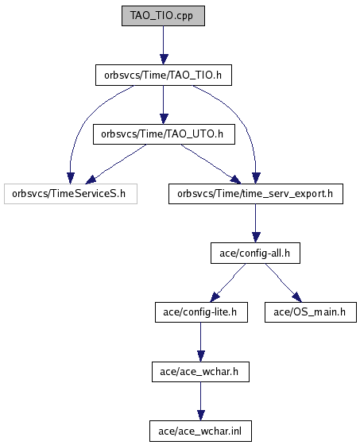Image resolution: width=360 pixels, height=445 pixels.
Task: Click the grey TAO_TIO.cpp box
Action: pyautogui.click(x=163, y=16)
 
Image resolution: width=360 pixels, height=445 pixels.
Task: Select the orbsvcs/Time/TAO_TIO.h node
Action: pyautogui.click(x=164, y=75)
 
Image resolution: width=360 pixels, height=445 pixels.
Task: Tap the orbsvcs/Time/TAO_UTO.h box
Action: pyautogui.click(x=164, y=134)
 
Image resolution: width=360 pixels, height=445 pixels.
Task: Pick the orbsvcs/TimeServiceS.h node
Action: pyautogui.click(x=71, y=194)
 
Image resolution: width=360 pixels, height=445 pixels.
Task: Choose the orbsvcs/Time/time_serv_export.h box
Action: pyautogui.click(x=256, y=194)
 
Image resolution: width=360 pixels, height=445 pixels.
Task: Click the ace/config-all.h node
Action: pyautogui.click(x=255, y=253)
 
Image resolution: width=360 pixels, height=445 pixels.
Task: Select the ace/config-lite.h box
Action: pyautogui.click(x=201, y=312)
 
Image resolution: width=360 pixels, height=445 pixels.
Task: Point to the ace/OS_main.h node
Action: pyautogui.click(x=311, y=312)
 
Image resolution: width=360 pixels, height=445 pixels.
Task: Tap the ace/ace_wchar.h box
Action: pyautogui.click(x=200, y=372)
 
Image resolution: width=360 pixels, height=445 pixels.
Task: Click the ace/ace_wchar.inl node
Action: pyautogui.click(x=200, y=431)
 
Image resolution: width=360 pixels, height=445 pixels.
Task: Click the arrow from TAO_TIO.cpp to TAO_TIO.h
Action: pyautogui.click(x=163, y=45)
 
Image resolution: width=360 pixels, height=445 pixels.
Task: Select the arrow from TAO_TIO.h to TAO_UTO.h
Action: pyautogui.click(x=163, y=105)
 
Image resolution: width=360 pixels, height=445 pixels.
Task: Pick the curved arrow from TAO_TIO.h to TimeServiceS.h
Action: pyautogui.click(x=85, y=119)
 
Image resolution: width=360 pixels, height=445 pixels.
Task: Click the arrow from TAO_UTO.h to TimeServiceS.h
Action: pyautogui.click(x=115, y=164)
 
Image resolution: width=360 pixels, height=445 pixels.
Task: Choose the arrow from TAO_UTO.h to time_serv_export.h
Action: pyautogui.click(x=211, y=164)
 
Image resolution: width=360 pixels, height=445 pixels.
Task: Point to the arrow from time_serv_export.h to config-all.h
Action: pyautogui.click(x=256, y=223)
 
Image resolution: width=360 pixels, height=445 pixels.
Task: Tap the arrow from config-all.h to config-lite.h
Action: pyautogui.click(x=228, y=283)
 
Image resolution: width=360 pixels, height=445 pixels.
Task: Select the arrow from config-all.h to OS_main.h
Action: pyautogui.click(x=284, y=283)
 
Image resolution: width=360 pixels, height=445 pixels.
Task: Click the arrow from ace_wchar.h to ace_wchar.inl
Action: pyautogui.click(x=201, y=401)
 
